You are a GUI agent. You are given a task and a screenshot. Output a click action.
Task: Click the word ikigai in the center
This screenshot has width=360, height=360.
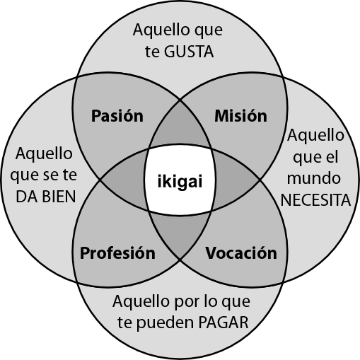click(x=180, y=182)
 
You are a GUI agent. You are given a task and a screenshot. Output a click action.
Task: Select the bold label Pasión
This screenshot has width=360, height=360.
click(x=117, y=116)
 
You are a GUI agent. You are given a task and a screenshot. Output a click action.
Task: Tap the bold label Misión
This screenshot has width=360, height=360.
click(x=240, y=116)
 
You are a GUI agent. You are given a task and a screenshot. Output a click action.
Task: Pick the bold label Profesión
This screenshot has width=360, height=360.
click(x=117, y=253)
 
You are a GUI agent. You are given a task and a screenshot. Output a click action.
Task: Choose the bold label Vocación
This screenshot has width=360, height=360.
click(x=241, y=253)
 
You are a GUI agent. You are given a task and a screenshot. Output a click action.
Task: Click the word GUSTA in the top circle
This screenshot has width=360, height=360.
click(x=189, y=52)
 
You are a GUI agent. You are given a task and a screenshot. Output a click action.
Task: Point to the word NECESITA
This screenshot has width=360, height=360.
click(x=315, y=200)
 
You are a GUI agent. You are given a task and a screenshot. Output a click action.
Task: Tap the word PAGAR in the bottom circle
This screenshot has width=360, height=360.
click(x=223, y=323)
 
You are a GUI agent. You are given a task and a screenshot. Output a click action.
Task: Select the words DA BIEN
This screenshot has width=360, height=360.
click(x=46, y=197)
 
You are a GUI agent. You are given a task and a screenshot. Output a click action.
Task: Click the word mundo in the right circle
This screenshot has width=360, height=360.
click(x=314, y=178)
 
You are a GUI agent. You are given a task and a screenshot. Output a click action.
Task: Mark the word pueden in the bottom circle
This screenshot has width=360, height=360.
click(x=165, y=323)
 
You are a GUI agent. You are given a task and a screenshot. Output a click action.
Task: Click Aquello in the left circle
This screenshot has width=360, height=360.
click(x=44, y=153)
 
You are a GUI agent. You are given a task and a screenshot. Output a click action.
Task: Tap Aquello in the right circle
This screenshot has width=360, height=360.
click(x=315, y=136)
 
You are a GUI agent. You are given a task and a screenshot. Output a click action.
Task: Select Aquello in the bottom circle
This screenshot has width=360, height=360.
click(x=141, y=301)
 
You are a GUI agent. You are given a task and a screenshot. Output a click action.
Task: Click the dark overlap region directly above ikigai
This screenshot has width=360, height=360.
click(x=180, y=125)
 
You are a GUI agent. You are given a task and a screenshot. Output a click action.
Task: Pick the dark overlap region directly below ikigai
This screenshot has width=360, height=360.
click(x=180, y=236)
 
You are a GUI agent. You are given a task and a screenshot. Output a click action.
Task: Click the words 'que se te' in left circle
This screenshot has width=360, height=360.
click(x=44, y=175)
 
